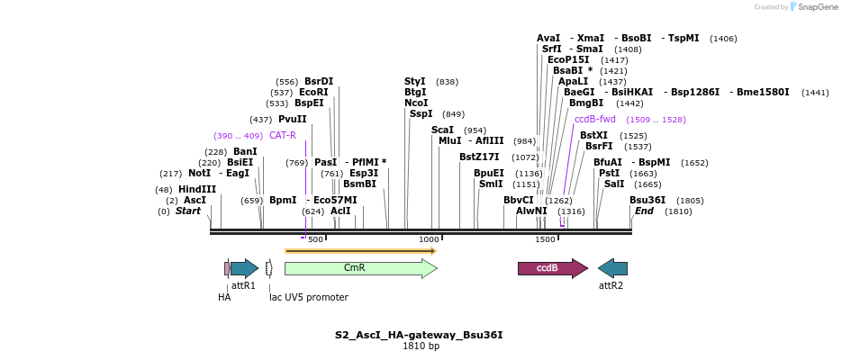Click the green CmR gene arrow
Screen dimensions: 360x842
360,268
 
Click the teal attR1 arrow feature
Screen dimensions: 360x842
244,268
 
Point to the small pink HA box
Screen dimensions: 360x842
227,268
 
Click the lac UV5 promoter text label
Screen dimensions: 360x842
309,297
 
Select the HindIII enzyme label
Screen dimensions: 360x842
197,189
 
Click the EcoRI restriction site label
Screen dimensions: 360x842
313,92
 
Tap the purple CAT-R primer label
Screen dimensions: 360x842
282,135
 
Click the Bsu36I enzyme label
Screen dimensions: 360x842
647,200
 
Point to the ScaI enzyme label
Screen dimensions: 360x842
442,130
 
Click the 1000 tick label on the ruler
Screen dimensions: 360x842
429,239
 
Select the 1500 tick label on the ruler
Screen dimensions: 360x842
545,239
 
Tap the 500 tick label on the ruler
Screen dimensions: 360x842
315,239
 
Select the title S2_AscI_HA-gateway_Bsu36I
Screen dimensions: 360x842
419,335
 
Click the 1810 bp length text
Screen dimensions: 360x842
421,346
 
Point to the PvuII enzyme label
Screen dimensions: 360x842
292,119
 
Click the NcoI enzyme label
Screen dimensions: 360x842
415,103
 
